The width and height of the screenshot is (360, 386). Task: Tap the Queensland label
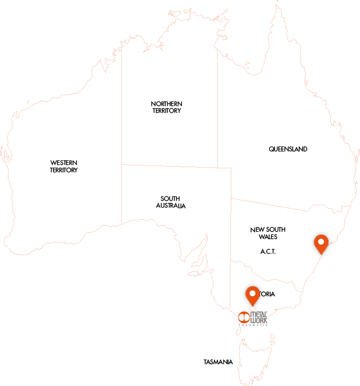(288, 149)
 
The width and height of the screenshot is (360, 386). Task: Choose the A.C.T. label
(268, 251)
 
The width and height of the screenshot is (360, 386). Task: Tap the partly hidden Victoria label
(267, 294)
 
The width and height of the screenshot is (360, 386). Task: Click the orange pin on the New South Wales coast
(321, 244)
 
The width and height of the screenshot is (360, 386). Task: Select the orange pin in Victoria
(253, 296)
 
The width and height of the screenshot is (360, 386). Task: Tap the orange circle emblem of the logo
(243, 318)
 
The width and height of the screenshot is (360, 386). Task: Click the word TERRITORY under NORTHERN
(166, 111)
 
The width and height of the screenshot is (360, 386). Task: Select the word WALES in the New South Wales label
(268, 237)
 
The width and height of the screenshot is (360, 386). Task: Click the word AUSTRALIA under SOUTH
(171, 206)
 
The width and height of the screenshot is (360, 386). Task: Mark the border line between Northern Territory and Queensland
(218, 112)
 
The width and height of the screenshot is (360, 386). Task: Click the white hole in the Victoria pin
(253, 292)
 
